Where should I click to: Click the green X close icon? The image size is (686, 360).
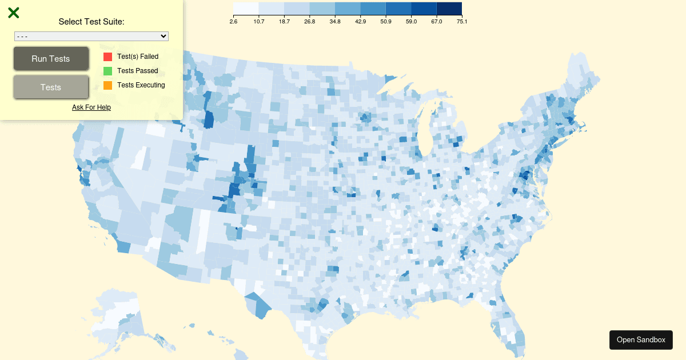point(14,13)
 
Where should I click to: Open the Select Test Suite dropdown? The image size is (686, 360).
point(91,37)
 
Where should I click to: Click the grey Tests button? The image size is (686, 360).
point(51,87)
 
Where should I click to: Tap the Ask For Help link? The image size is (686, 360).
point(91,107)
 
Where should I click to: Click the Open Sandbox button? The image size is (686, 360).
point(641,340)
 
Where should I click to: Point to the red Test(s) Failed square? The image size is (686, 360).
point(107,57)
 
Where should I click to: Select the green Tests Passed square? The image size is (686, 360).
point(107,71)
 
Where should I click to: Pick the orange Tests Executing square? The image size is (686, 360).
point(107,85)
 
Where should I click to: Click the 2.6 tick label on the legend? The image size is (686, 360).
point(233,22)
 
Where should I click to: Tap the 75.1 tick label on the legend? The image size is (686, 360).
point(462,22)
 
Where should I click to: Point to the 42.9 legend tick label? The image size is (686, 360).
point(360,22)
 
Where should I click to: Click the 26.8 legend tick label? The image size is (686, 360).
point(309,22)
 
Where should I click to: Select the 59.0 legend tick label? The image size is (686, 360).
point(411,22)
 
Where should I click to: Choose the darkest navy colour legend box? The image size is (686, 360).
point(449,8)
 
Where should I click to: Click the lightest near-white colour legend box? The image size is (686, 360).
point(246,8)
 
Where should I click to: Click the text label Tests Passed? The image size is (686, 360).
point(137,71)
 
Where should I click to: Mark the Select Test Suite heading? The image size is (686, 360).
point(91,22)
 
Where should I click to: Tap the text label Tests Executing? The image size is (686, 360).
point(141,85)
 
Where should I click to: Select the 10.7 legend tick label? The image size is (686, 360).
point(258,22)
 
